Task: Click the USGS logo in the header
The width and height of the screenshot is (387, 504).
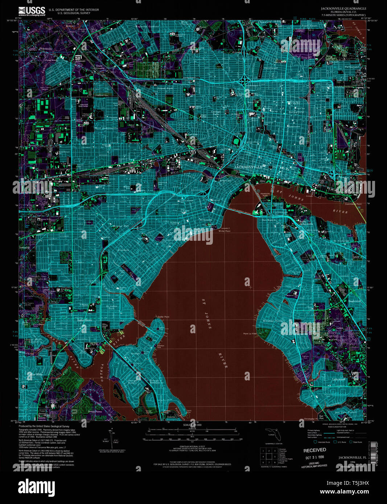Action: click(x=32, y=11)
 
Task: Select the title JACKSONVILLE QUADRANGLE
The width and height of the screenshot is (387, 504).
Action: click(x=343, y=8)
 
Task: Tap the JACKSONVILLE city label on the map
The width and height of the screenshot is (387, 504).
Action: click(x=248, y=166)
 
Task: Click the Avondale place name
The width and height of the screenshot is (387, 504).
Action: click(x=123, y=250)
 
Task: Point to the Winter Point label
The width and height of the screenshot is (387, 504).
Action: click(x=224, y=231)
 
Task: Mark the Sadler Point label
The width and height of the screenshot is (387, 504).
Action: click(x=163, y=317)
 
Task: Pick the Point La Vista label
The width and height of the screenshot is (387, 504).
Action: click(x=250, y=334)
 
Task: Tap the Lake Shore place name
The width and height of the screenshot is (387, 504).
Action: click(x=85, y=320)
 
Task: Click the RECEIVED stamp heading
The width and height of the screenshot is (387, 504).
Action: click(x=314, y=450)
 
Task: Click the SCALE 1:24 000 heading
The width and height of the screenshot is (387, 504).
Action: click(x=192, y=425)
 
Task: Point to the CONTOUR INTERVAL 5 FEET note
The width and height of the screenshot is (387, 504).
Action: click(x=192, y=446)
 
